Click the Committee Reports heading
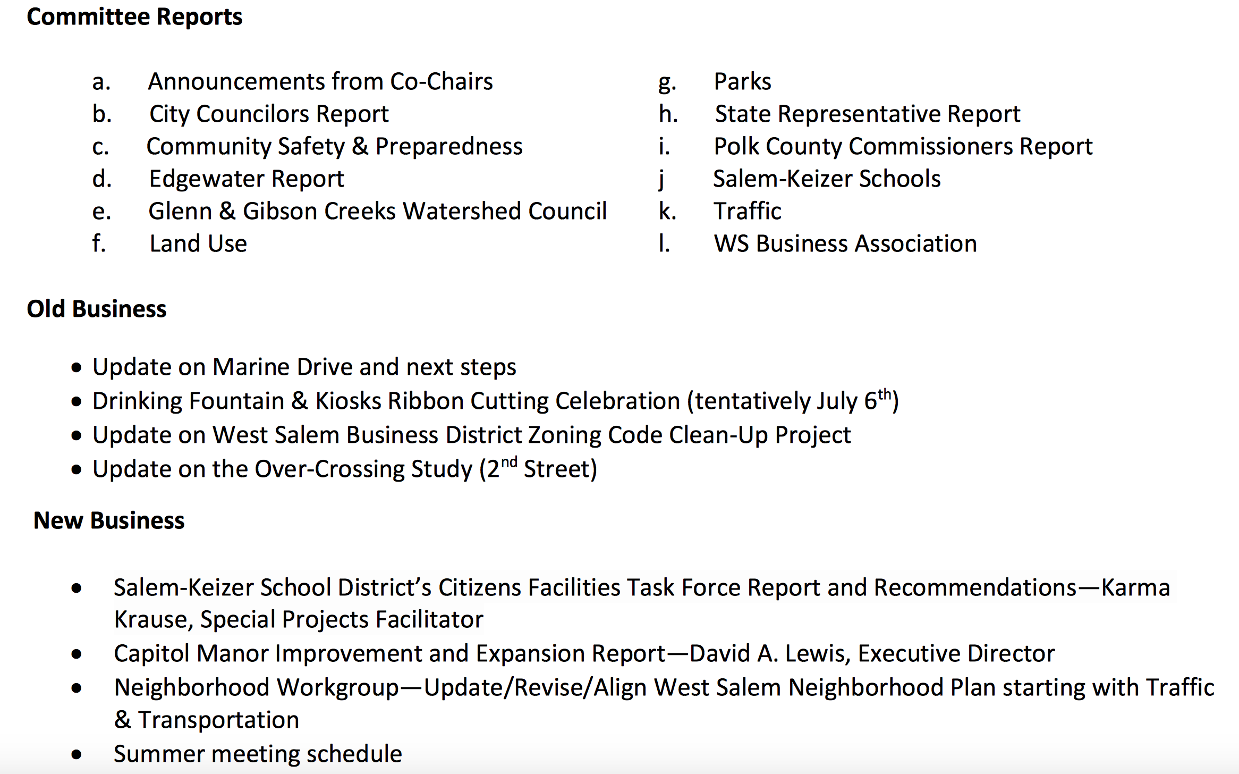[x=134, y=17]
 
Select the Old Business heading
[x=97, y=309]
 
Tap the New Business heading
[x=109, y=520]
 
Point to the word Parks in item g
[x=742, y=82]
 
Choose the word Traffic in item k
[x=747, y=212]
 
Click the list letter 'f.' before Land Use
[x=99, y=244]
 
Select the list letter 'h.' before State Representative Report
[x=668, y=114]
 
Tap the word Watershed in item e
[x=462, y=212]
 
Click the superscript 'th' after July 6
[x=884, y=394]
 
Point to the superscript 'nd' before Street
[x=509, y=462]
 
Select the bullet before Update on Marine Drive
[x=77, y=368]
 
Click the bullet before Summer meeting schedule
[x=77, y=755]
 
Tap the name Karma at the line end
[x=1135, y=588]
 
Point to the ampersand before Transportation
[x=123, y=720]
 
